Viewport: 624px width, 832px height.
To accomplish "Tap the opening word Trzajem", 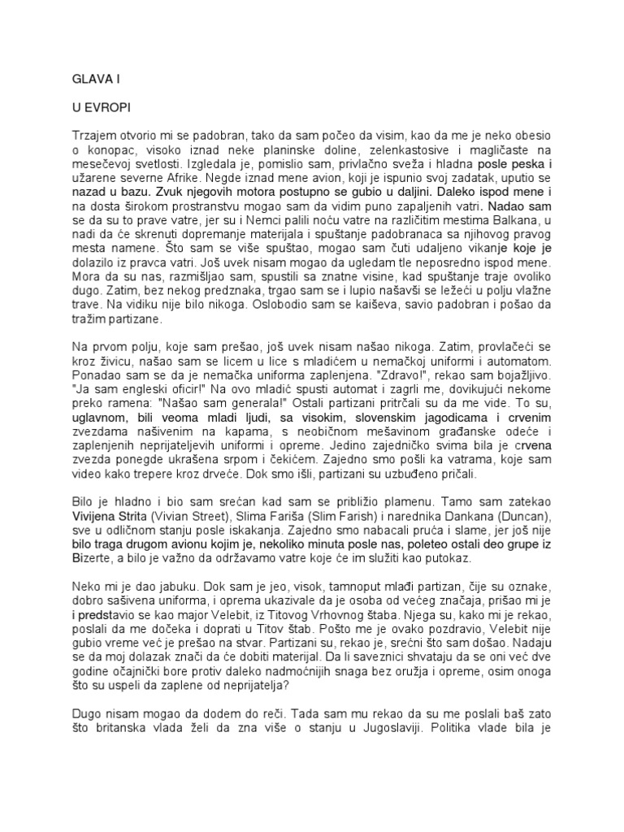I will pyautogui.click(x=90, y=133).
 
